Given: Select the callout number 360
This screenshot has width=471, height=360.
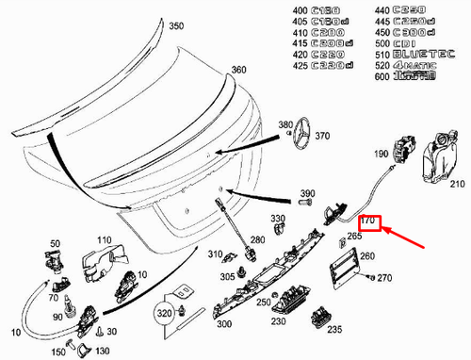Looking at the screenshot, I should click(238, 71).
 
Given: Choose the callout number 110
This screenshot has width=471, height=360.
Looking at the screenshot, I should click(102, 240).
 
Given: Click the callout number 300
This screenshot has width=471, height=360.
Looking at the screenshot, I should click(223, 324).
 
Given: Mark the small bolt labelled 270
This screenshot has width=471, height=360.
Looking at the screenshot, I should click(370, 278).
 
